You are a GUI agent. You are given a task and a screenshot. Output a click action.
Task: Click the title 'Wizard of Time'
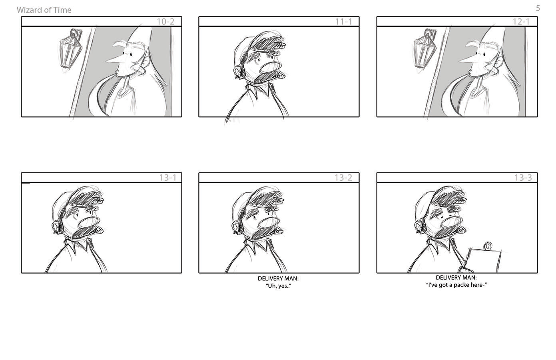click(44, 10)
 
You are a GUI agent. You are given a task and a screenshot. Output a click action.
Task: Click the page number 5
click(538, 8)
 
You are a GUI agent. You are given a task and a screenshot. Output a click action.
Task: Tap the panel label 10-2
click(165, 22)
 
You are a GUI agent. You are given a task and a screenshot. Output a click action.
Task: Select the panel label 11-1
click(343, 22)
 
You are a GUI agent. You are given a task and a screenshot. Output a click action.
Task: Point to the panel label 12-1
click(521, 22)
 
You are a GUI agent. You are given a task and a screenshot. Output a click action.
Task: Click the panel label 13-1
click(168, 178)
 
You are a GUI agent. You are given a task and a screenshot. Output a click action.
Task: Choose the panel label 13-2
click(343, 178)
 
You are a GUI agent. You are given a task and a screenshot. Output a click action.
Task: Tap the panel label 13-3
click(523, 178)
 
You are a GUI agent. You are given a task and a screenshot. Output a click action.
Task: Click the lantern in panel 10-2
click(70, 50)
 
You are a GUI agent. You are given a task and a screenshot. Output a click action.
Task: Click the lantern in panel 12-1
click(425, 50)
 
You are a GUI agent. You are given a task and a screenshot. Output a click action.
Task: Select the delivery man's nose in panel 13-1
click(89, 223)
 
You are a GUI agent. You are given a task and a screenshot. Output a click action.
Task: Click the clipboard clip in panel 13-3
click(488, 246)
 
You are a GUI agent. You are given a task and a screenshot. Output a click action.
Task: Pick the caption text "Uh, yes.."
click(279, 286)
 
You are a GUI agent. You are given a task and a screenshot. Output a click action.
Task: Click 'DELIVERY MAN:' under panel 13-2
click(278, 278)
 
